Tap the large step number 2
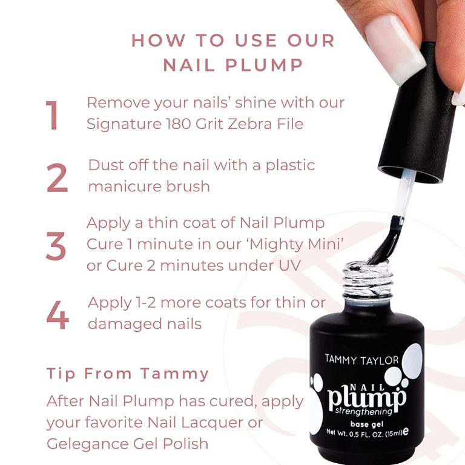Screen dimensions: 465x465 pos(57,178)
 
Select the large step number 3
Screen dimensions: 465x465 pos(56,246)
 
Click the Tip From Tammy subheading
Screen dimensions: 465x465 pos(128,374)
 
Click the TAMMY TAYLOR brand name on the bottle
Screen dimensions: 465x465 pos(361,360)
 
